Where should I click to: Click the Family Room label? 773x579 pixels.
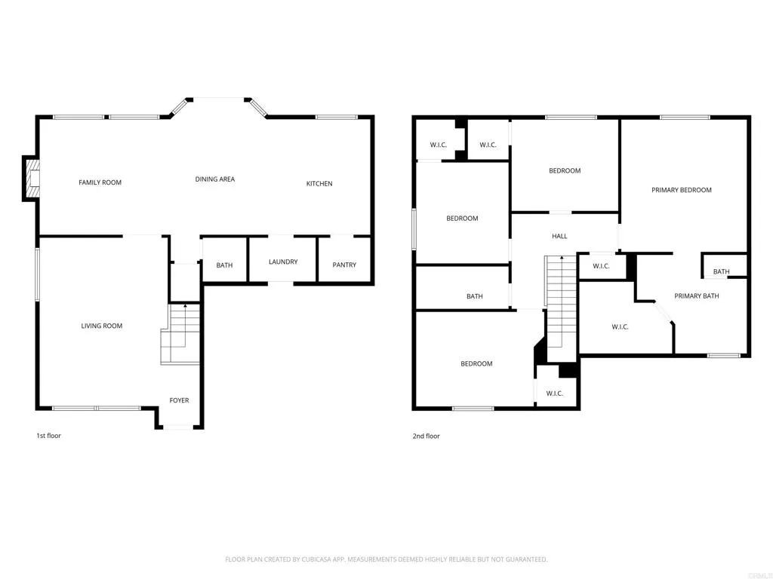(100, 182)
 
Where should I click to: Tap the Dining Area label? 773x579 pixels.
(215, 179)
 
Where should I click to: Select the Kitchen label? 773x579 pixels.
(319, 184)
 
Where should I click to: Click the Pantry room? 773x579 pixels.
(344, 265)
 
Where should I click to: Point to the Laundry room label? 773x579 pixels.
(283, 262)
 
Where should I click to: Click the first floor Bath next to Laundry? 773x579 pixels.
(224, 265)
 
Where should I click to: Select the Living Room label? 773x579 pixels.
(102, 326)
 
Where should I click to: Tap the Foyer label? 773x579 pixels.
(179, 400)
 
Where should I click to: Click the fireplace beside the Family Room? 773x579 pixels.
(31, 179)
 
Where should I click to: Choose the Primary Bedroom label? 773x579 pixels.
(681, 190)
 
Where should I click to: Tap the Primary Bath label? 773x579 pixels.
(696, 296)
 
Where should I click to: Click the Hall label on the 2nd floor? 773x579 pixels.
(559, 236)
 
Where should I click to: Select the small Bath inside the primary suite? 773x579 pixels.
(722, 271)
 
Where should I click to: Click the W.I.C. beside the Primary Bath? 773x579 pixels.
(620, 326)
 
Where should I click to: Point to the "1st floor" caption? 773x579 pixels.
(48, 436)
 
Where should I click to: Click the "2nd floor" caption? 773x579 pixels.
(426, 436)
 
